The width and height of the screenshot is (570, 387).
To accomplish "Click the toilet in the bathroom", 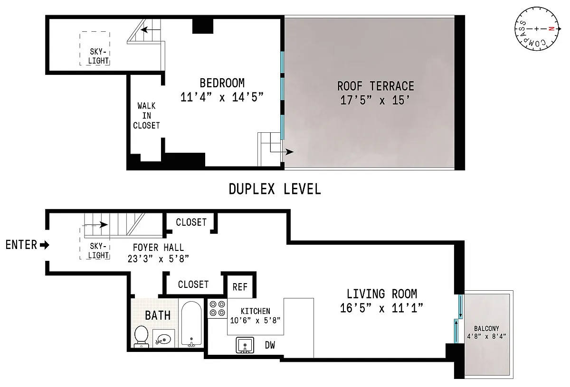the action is [141, 336].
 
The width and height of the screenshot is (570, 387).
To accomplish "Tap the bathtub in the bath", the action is [191, 324].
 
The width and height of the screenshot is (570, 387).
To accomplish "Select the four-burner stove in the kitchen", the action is [218, 308].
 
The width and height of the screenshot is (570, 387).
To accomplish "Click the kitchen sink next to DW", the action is [245, 345].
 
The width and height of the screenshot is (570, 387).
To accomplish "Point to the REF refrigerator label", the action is [240, 287].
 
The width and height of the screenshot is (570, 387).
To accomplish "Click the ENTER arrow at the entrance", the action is [45, 245].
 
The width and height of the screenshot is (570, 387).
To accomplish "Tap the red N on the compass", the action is [551, 29].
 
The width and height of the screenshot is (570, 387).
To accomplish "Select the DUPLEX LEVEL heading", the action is [275, 189].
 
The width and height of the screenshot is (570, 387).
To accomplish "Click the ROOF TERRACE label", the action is [376, 86].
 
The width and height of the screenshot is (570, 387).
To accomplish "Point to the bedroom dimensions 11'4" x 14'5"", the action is [222, 97].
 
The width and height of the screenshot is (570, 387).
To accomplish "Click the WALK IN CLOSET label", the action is [146, 116].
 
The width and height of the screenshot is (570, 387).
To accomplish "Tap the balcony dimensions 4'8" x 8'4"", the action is [486, 336].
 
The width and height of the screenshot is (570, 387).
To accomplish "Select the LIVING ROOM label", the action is [382, 294].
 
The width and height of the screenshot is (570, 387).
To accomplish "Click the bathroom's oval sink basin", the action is [164, 339].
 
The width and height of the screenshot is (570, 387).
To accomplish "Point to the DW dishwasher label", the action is [270, 345].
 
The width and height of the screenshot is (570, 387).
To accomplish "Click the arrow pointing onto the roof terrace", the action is [282, 152].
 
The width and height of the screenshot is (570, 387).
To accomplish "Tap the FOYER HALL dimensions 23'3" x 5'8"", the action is [158, 259].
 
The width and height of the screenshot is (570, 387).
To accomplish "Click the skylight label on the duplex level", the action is [98, 56].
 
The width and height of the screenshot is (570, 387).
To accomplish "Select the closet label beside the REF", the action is [193, 285].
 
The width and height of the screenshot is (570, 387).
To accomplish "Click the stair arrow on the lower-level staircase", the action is [95, 225].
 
